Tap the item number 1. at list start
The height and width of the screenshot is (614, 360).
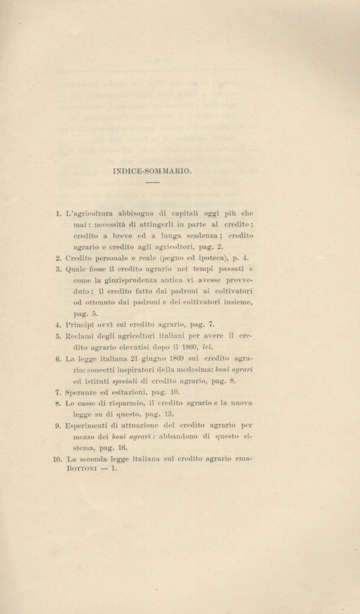[x=58, y=214]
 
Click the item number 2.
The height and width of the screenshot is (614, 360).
[x=58, y=258]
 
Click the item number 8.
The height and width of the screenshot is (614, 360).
[x=58, y=403]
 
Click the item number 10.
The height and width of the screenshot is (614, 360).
[x=57, y=459]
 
